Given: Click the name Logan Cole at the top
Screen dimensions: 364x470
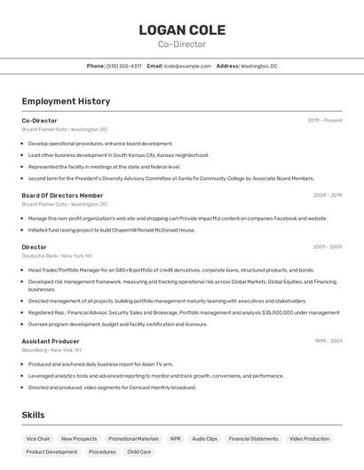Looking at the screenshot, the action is coord(182,30).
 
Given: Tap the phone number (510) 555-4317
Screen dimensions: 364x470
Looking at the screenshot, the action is coord(124,66).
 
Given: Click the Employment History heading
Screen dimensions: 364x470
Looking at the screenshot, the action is coord(66,101).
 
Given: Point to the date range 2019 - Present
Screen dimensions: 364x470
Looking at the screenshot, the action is coord(325,121).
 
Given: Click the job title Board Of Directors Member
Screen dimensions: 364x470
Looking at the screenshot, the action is coord(62,195).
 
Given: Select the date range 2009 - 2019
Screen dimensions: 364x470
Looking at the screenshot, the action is coord(328,195).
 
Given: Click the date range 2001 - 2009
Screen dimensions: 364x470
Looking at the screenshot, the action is coord(328,247).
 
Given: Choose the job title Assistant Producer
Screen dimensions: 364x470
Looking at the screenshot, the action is coord(51,341).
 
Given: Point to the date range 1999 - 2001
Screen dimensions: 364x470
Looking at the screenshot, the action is coord(328,341).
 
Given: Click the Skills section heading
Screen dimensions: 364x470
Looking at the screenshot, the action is coord(33,415).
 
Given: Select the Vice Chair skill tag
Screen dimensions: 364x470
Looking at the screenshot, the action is coord(38,439).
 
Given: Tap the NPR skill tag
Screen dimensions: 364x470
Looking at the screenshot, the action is coord(176,439).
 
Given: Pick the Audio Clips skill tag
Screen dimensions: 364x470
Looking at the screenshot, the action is coord(204,439).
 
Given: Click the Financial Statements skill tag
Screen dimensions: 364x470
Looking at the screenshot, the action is coord(253,439).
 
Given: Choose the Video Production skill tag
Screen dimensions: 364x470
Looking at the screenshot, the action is coord(310,439).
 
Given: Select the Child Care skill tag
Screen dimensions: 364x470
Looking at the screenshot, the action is coord(138,452).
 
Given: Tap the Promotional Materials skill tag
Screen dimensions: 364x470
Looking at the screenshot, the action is coord(133,439).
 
